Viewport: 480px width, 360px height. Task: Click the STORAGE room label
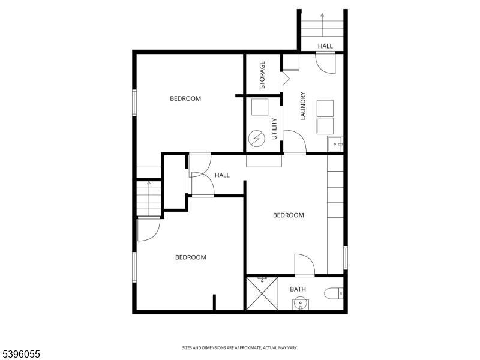click(x=262, y=75)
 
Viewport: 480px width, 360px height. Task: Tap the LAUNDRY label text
click(x=303, y=106)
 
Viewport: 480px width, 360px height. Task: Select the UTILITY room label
click(x=274, y=129)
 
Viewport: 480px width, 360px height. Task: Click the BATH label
click(x=298, y=289)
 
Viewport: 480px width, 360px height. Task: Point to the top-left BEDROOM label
click(x=185, y=98)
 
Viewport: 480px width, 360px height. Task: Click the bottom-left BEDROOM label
click(x=190, y=257)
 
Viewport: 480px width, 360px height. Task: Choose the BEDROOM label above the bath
click(x=289, y=215)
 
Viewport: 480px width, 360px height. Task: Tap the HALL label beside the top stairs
click(x=325, y=46)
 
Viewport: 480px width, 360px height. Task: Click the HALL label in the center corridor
click(x=222, y=175)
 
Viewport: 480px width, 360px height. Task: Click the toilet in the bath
click(x=334, y=294)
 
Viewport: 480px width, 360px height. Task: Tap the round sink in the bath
click(x=299, y=304)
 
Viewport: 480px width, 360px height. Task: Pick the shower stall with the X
click(x=262, y=294)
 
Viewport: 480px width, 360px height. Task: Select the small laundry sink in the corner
click(x=335, y=144)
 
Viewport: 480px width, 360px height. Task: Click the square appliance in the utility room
click(x=260, y=107)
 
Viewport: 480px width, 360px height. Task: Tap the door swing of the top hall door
click(x=326, y=62)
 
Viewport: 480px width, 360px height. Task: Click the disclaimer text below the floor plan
click(x=240, y=347)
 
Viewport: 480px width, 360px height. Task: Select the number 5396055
click(x=21, y=355)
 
